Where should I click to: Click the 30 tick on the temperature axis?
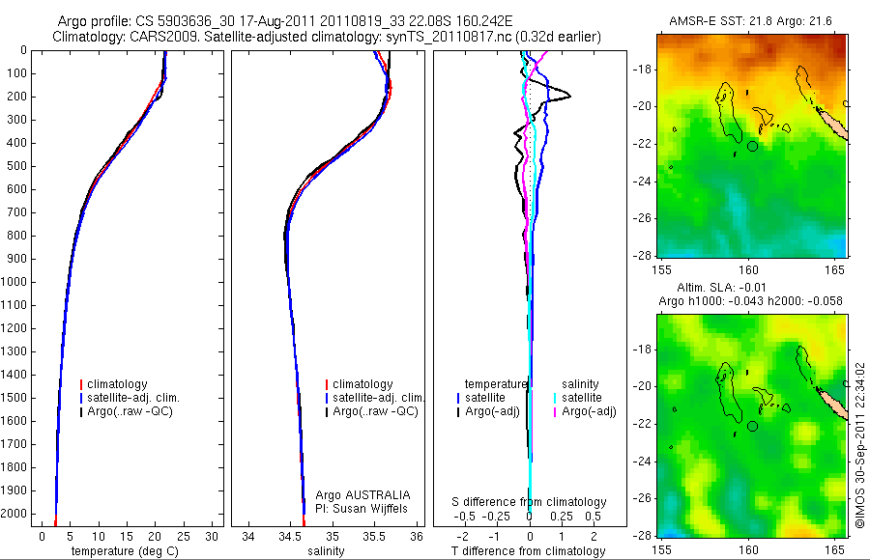tap(213, 536)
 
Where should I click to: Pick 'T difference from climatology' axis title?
tap(530, 551)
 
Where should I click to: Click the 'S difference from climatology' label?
tap(530, 502)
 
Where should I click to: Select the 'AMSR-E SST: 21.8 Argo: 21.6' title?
tap(751, 21)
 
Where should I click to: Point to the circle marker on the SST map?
tap(752, 146)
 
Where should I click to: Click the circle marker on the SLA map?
tap(752, 426)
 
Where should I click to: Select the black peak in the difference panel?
tap(569, 96)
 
